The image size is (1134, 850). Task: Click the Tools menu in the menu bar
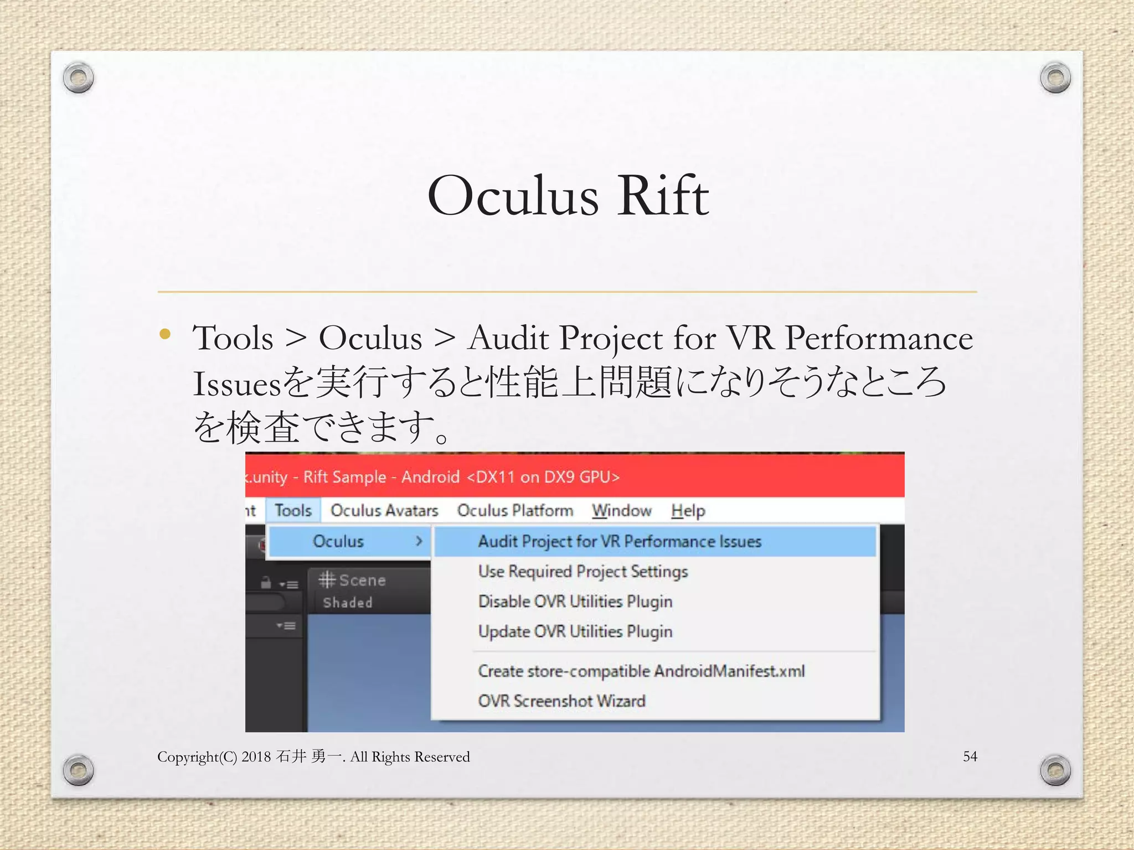293,510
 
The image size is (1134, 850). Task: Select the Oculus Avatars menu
384,510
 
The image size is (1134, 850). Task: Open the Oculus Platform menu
515,510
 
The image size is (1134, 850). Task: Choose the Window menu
621,510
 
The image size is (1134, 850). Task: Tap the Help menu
688,510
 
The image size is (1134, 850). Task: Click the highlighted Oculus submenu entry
338,541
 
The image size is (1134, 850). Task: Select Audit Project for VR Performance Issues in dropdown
620,541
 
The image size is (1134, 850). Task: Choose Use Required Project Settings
583,571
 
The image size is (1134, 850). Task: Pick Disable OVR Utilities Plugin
575,602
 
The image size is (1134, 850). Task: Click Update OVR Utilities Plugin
575,631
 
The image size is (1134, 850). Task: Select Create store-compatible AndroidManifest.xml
641,671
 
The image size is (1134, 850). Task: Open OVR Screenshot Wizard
561,701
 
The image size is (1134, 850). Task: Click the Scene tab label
362,581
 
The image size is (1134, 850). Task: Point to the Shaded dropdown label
348,603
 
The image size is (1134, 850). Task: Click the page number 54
970,756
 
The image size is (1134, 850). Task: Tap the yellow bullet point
164,334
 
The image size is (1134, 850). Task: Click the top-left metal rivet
78,77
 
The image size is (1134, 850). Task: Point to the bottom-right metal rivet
1055,770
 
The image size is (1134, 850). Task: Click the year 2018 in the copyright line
256,757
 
